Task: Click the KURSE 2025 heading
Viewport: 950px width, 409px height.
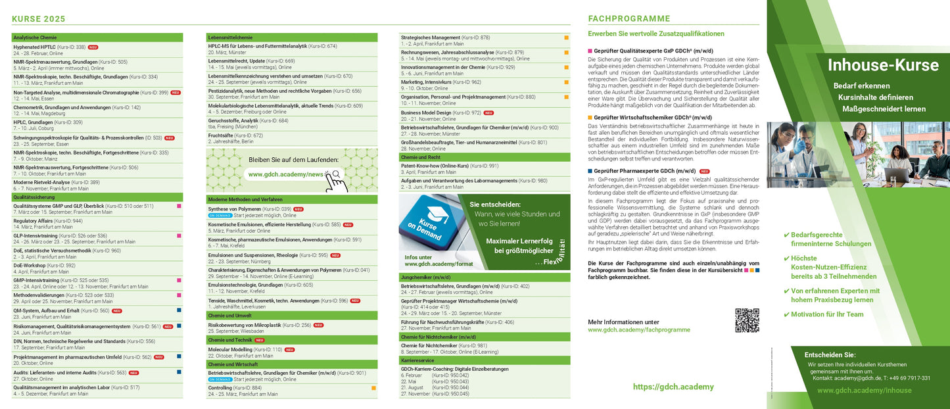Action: (38, 19)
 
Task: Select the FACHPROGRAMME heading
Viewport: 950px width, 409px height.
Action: (629, 19)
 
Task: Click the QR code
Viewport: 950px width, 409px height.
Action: (747, 320)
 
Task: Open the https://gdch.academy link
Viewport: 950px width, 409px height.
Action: (673, 387)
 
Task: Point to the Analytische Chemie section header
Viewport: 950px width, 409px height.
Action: (35, 37)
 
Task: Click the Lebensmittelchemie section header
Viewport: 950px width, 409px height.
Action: (230, 37)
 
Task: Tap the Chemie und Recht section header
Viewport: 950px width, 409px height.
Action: (421, 158)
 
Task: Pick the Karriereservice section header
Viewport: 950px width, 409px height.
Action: (418, 360)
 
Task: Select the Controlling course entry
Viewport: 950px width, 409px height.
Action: (220, 388)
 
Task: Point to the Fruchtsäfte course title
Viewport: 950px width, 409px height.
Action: (222, 135)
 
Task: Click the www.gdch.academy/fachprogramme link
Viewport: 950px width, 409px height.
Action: (638, 329)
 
